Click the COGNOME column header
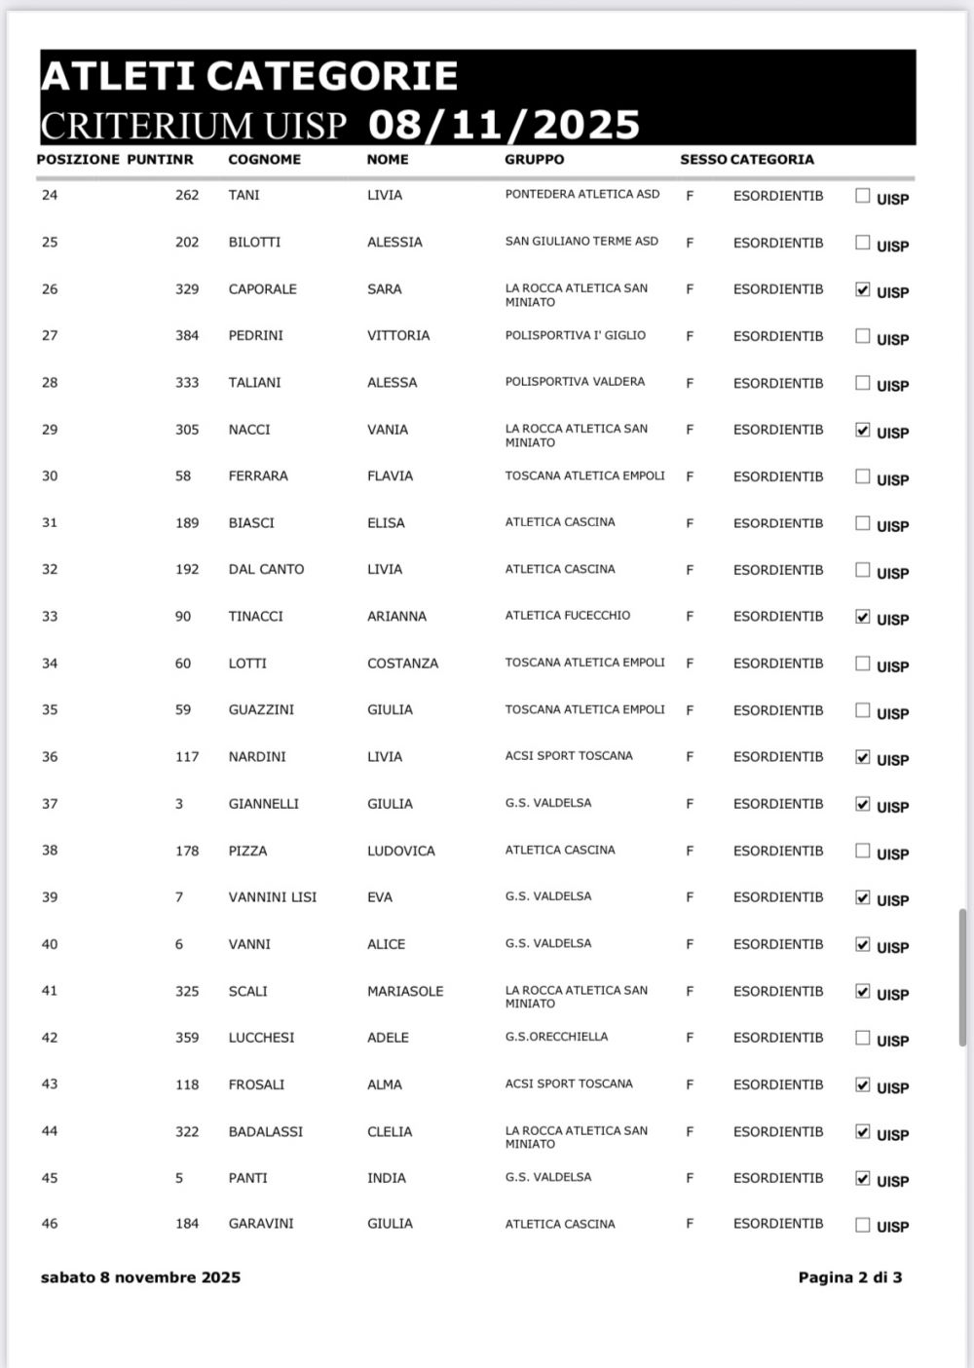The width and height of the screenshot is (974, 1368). (264, 159)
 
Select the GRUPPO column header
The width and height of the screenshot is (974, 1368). (534, 159)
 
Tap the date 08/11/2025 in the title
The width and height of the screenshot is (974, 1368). (505, 125)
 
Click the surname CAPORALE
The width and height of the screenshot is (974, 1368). (262, 289)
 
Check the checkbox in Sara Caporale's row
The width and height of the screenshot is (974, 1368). (862, 289)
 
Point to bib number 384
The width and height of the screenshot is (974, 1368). (187, 336)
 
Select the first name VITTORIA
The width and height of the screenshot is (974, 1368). (397, 336)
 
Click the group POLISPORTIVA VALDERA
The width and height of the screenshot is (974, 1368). (575, 382)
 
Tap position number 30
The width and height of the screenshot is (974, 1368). (50, 476)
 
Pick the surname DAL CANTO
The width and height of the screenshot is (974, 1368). (266, 570)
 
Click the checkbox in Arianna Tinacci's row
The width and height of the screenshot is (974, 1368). (862, 617)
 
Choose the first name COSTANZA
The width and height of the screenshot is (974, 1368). (402, 664)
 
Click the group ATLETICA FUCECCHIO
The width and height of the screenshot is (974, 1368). (567, 616)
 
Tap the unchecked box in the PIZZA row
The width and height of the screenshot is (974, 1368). (862, 851)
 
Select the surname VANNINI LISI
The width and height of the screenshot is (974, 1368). (272, 897)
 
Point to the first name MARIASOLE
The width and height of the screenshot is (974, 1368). (404, 991)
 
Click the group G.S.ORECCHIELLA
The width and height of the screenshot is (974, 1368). (556, 1037)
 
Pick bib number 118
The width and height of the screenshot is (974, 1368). (187, 1084)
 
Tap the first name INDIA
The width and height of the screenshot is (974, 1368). (386, 1178)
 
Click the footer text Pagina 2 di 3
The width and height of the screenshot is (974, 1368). (849, 1277)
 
